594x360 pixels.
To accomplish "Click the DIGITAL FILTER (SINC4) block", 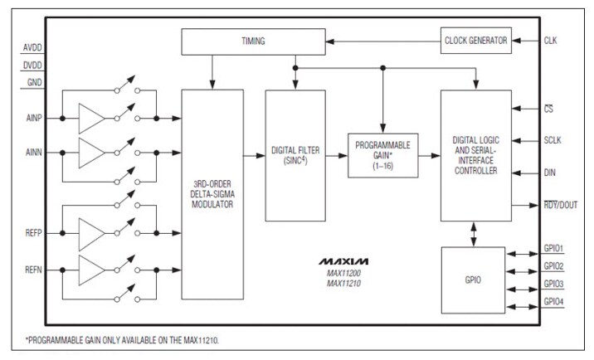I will coord(295,155).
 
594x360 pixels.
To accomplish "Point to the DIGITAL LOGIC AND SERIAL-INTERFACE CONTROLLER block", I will coord(475,155).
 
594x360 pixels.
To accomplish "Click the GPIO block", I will coord(475,280).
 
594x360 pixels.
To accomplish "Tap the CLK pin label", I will coord(550,39).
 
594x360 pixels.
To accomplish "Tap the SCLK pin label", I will coord(553,140).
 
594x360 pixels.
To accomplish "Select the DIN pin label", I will coord(550,173).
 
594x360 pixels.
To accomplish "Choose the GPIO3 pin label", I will coord(553,284).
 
